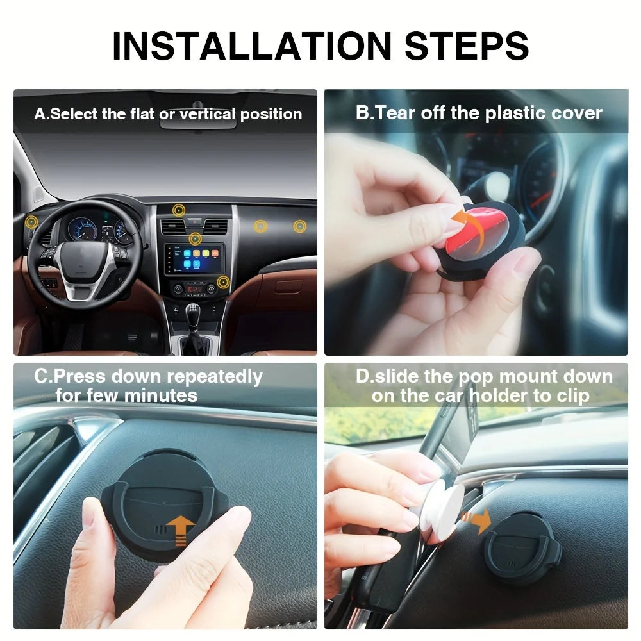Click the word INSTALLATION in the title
click(252, 44)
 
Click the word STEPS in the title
click(462, 44)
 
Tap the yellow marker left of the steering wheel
click(31, 222)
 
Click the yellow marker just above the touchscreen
click(196, 239)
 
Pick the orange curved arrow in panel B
click(467, 221)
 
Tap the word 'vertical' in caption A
click(207, 114)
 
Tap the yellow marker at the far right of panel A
click(299, 226)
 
